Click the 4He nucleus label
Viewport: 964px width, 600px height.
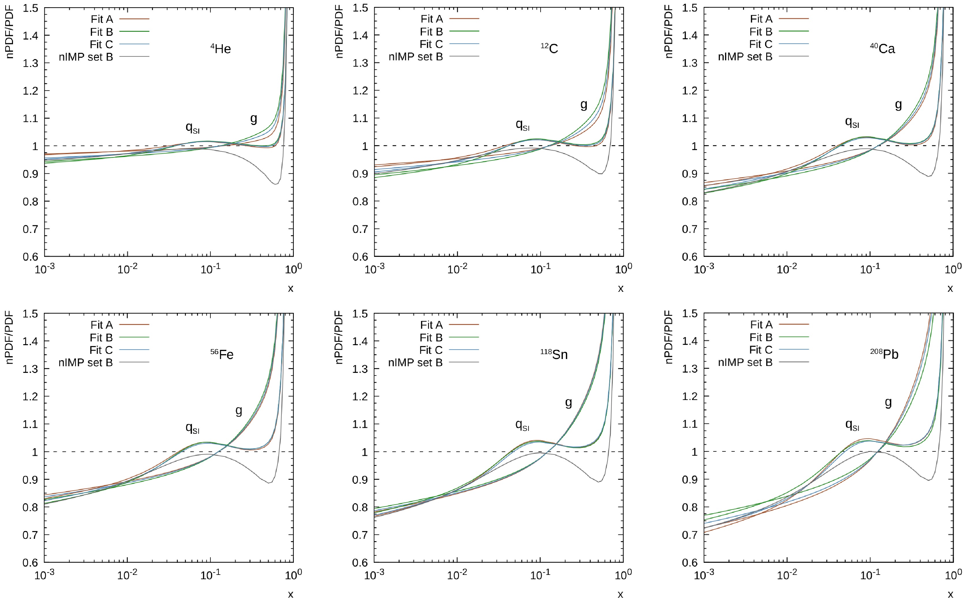pyautogui.click(x=221, y=49)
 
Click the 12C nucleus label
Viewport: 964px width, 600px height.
pyautogui.click(x=549, y=49)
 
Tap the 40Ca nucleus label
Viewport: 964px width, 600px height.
pyautogui.click(x=883, y=49)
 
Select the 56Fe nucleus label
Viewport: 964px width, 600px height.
pyautogui.click(x=222, y=354)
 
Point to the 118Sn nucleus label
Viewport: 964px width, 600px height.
pyautogui.click(x=554, y=354)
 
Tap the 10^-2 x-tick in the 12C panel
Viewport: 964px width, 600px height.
pyautogui.click(x=457, y=269)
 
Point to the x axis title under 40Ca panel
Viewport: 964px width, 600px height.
pyautogui.click(x=950, y=289)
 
